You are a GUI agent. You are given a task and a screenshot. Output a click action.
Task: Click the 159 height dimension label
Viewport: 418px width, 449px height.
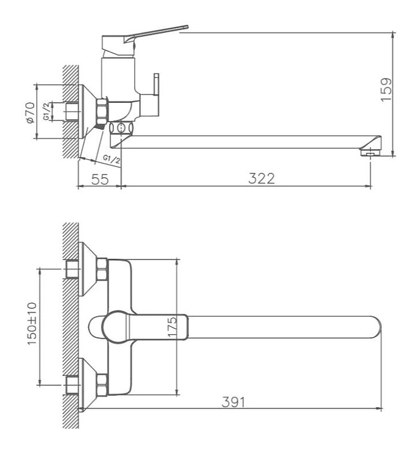(386, 89)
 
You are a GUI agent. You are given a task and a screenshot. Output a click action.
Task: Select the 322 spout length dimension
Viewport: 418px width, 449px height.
(261, 178)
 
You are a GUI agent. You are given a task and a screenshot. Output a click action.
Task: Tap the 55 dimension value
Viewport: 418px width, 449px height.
(100, 179)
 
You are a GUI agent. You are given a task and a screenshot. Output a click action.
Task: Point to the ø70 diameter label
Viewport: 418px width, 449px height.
(31, 112)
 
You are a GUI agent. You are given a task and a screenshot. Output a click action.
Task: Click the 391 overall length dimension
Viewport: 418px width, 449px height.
(233, 402)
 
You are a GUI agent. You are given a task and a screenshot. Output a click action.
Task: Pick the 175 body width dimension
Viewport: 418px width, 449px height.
(172, 327)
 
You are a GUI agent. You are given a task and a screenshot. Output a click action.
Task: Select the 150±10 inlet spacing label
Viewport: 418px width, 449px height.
(32, 323)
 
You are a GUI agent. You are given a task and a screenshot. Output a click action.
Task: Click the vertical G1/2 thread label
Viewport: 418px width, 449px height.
(46, 112)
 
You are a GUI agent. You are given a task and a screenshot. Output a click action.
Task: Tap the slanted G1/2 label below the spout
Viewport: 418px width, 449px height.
(112, 159)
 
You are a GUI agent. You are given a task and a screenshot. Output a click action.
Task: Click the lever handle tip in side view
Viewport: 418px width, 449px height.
(187, 27)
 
